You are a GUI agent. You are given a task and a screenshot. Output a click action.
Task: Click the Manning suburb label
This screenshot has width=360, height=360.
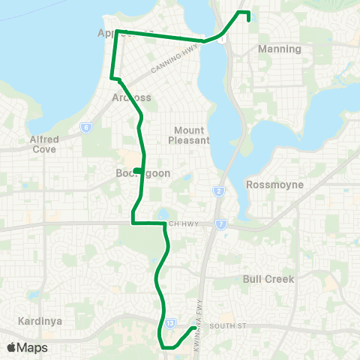(x=279, y=49)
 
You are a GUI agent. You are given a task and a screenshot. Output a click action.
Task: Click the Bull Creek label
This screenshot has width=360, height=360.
(x=268, y=279)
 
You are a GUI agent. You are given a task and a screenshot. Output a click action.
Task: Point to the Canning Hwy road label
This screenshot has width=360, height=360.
(x=173, y=58)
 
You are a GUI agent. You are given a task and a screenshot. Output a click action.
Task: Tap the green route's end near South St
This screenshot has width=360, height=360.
(x=194, y=328)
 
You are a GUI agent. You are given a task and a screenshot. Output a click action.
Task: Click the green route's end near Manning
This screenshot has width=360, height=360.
(x=248, y=20)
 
